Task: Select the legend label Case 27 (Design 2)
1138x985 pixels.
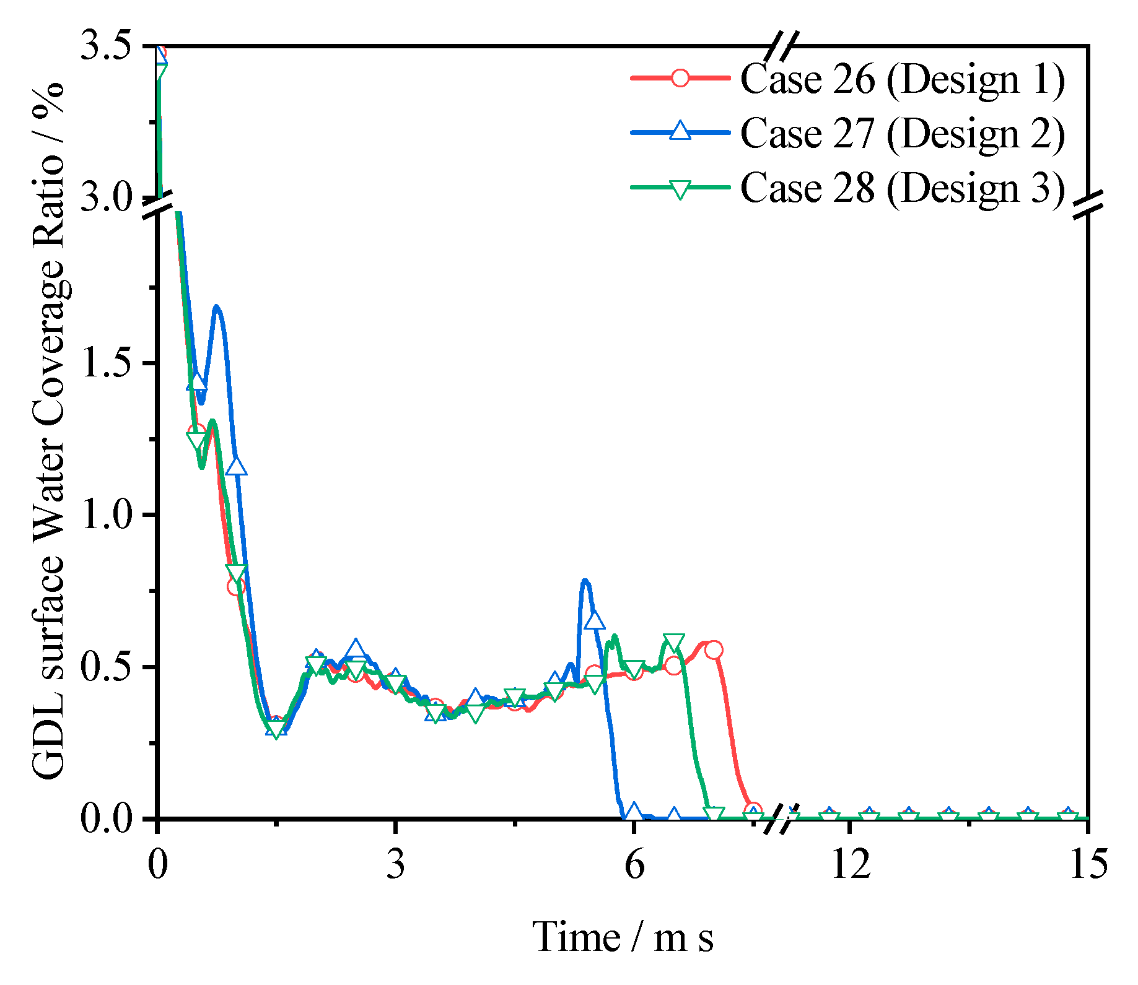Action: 902,133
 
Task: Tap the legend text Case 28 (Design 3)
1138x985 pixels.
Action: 902,187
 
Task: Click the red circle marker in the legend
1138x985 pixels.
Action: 680,78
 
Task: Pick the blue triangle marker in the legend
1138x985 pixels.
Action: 680,131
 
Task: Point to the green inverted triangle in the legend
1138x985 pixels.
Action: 680,188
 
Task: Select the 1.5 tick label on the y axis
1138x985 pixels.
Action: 107,363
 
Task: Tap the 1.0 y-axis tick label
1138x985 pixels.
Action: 107,514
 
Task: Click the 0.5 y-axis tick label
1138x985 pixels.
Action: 107,667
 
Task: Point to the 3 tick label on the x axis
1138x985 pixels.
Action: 395,864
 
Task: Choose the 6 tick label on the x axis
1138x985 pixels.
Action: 633,864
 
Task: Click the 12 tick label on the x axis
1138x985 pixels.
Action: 850,864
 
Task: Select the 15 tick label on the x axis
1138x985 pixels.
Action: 1088,864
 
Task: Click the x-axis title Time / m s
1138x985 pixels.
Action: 623,937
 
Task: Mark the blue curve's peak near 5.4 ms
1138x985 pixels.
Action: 585,581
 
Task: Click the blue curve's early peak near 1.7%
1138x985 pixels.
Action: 216,306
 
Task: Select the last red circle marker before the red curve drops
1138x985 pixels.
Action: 714,649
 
